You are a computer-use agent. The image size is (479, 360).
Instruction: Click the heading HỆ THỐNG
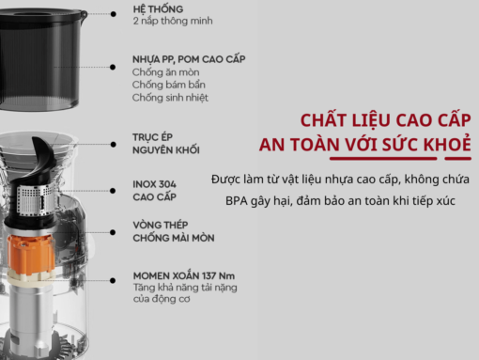159,7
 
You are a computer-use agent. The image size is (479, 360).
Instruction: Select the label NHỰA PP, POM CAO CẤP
189,58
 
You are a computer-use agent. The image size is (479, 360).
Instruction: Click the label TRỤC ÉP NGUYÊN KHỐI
165,143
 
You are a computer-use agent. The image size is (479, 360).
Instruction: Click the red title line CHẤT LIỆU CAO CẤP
385,121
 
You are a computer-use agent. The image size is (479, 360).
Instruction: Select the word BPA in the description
239,201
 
